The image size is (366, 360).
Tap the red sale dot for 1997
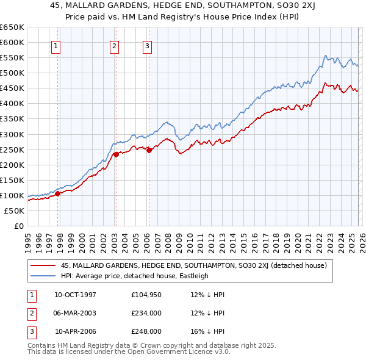tap(58, 193)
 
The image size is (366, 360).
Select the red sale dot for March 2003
tap(115, 154)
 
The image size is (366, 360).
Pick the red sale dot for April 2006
tap(149, 150)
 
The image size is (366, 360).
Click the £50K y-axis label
tap(14, 211)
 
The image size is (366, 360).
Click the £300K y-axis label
tap(12, 134)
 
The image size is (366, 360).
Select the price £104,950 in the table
tap(146, 294)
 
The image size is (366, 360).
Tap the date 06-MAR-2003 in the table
tap(75, 313)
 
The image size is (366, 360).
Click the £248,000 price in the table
tap(146, 331)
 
